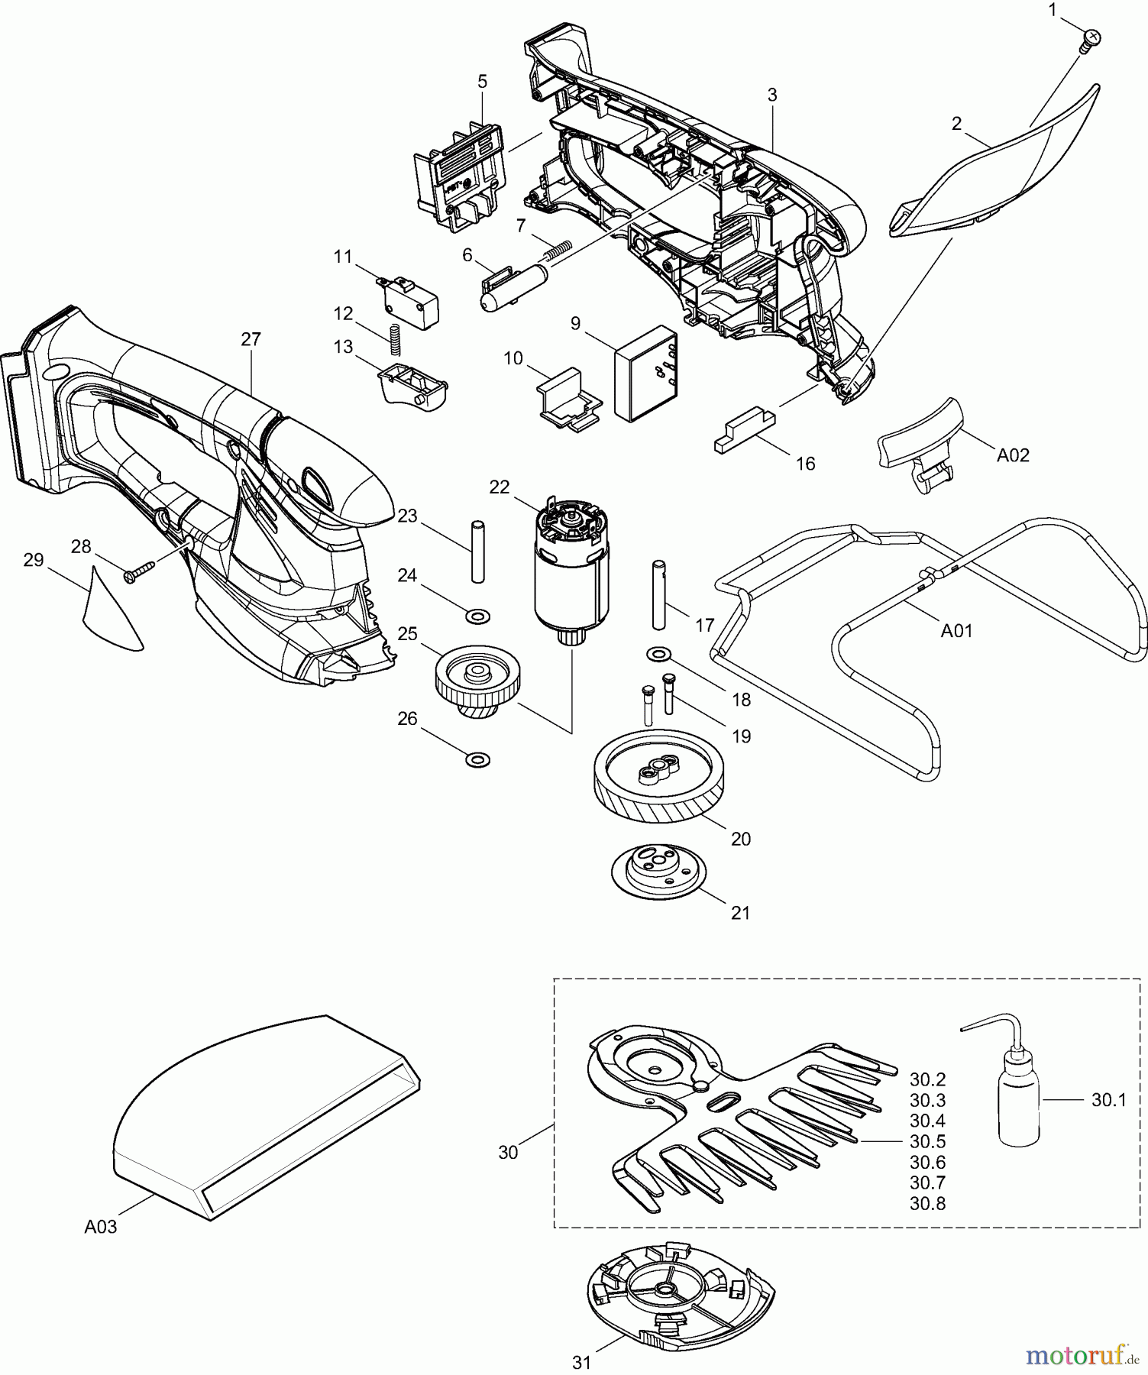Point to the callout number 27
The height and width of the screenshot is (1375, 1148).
coord(251,339)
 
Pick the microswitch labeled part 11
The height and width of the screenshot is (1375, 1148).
coord(409,302)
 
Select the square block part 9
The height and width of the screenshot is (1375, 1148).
coord(645,372)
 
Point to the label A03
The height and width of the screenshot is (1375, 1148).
coord(101,1227)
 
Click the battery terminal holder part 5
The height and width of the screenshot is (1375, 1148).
coord(460,173)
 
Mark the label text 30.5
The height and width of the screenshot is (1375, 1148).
coord(927,1141)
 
